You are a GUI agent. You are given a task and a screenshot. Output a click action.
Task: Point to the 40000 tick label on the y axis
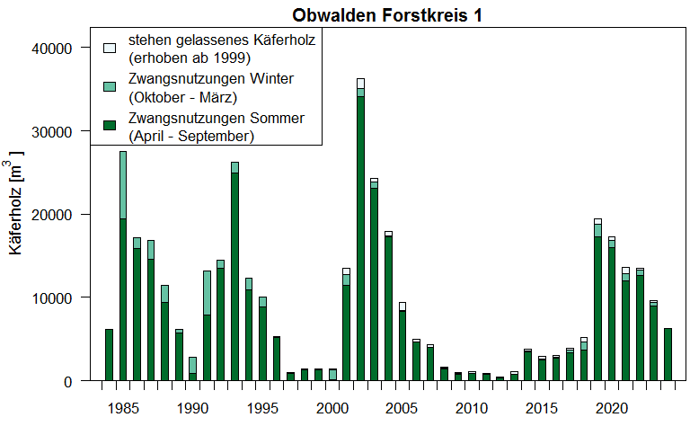62,48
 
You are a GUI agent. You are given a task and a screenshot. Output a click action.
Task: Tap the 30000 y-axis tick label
62,131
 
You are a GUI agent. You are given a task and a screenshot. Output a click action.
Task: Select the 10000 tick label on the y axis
62,298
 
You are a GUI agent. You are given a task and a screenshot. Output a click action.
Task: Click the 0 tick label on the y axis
75,381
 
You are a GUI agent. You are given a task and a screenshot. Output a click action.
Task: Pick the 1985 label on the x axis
123,409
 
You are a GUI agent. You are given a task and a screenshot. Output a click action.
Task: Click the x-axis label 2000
332,409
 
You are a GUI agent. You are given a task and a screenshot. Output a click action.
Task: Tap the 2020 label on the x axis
612,409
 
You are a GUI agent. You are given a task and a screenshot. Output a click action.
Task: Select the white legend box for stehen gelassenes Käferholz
110,48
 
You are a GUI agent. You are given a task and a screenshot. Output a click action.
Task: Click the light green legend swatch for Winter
110,87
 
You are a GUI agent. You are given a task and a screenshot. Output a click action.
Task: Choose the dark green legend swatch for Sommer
110,127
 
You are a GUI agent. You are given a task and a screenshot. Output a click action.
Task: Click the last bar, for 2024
668,355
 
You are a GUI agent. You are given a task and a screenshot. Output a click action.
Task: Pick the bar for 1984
109,355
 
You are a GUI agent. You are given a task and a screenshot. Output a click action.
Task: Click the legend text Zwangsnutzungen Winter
210,79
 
